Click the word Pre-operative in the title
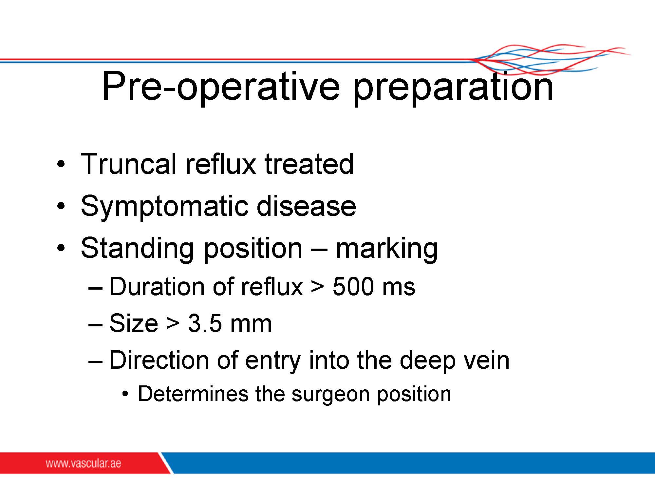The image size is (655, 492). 221,87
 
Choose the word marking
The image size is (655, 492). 387,249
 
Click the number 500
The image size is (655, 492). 353,287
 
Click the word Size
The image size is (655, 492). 133,323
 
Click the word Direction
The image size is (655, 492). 159,360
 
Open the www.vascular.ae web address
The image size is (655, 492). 83,463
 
